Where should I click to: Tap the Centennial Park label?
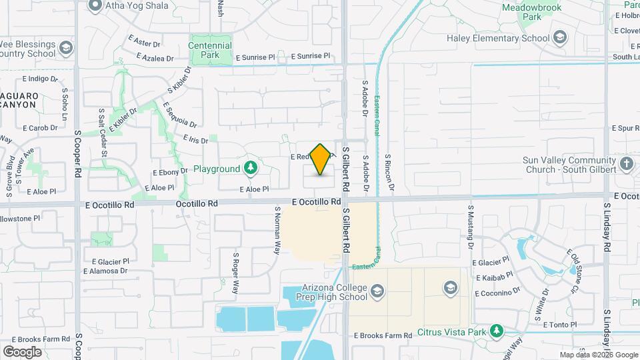[x=210, y=50]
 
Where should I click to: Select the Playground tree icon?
[x=251, y=169]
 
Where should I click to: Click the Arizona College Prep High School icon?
[x=378, y=290]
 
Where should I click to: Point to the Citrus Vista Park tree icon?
[x=496, y=331]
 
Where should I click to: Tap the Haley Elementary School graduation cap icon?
[x=559, y=37]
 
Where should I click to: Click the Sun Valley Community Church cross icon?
[x=626, y=164]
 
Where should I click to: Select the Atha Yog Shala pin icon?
[x=95, y=6]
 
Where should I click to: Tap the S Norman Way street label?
[x=278, y=230]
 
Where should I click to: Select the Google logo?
[x=22, y=351]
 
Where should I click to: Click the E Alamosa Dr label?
[x=105, y=271]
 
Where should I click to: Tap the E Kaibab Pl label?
[x=493, y=275]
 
